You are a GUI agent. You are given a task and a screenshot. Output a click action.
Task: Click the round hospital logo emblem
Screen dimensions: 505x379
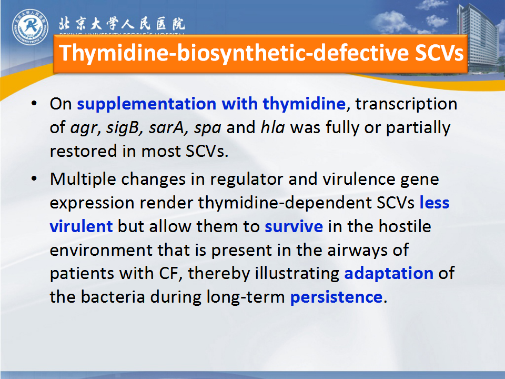click(x=31, y=27)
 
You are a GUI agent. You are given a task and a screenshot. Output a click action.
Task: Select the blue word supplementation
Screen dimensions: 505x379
click(x=147, y=104)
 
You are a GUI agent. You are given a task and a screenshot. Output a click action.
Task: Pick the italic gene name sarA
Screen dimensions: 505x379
click(x=166, y=127)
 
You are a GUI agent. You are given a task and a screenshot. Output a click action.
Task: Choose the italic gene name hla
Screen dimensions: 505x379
click(x=273, y=127)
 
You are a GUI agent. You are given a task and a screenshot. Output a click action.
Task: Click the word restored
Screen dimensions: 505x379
click(x=83, y=151)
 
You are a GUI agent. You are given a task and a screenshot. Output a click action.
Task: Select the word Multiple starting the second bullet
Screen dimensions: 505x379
click(x=83, y=179)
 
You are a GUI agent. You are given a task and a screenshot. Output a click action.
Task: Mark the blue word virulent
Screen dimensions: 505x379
click(x=81, y=226)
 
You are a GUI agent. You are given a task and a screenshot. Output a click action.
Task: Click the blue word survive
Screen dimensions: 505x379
click(x=294, y=226)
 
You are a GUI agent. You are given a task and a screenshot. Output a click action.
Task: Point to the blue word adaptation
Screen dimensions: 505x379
click(x=389, y=274)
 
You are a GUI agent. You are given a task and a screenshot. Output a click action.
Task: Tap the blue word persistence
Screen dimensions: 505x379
click(x=336, y=297)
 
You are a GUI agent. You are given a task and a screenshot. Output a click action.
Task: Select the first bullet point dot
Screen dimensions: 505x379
click(x=34, y=104)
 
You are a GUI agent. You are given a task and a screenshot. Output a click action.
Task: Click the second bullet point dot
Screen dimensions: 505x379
click(x=34, y=179)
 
